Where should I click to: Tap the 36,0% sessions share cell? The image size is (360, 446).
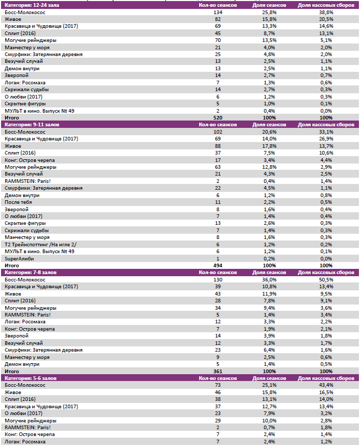tap(269, 280)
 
